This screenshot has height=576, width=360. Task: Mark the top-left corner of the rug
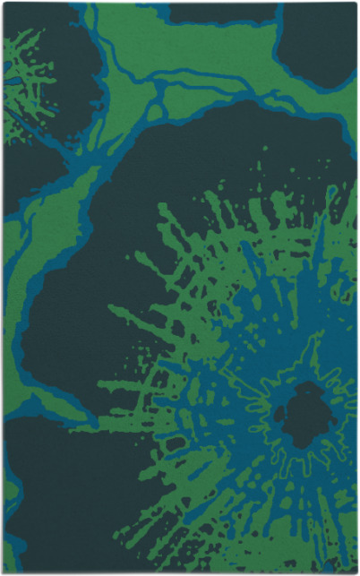pos(4,4)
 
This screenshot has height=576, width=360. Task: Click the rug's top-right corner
pos(356,4)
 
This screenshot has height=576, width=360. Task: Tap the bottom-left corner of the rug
pos(4,572)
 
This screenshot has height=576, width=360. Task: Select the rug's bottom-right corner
pos(356,572)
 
